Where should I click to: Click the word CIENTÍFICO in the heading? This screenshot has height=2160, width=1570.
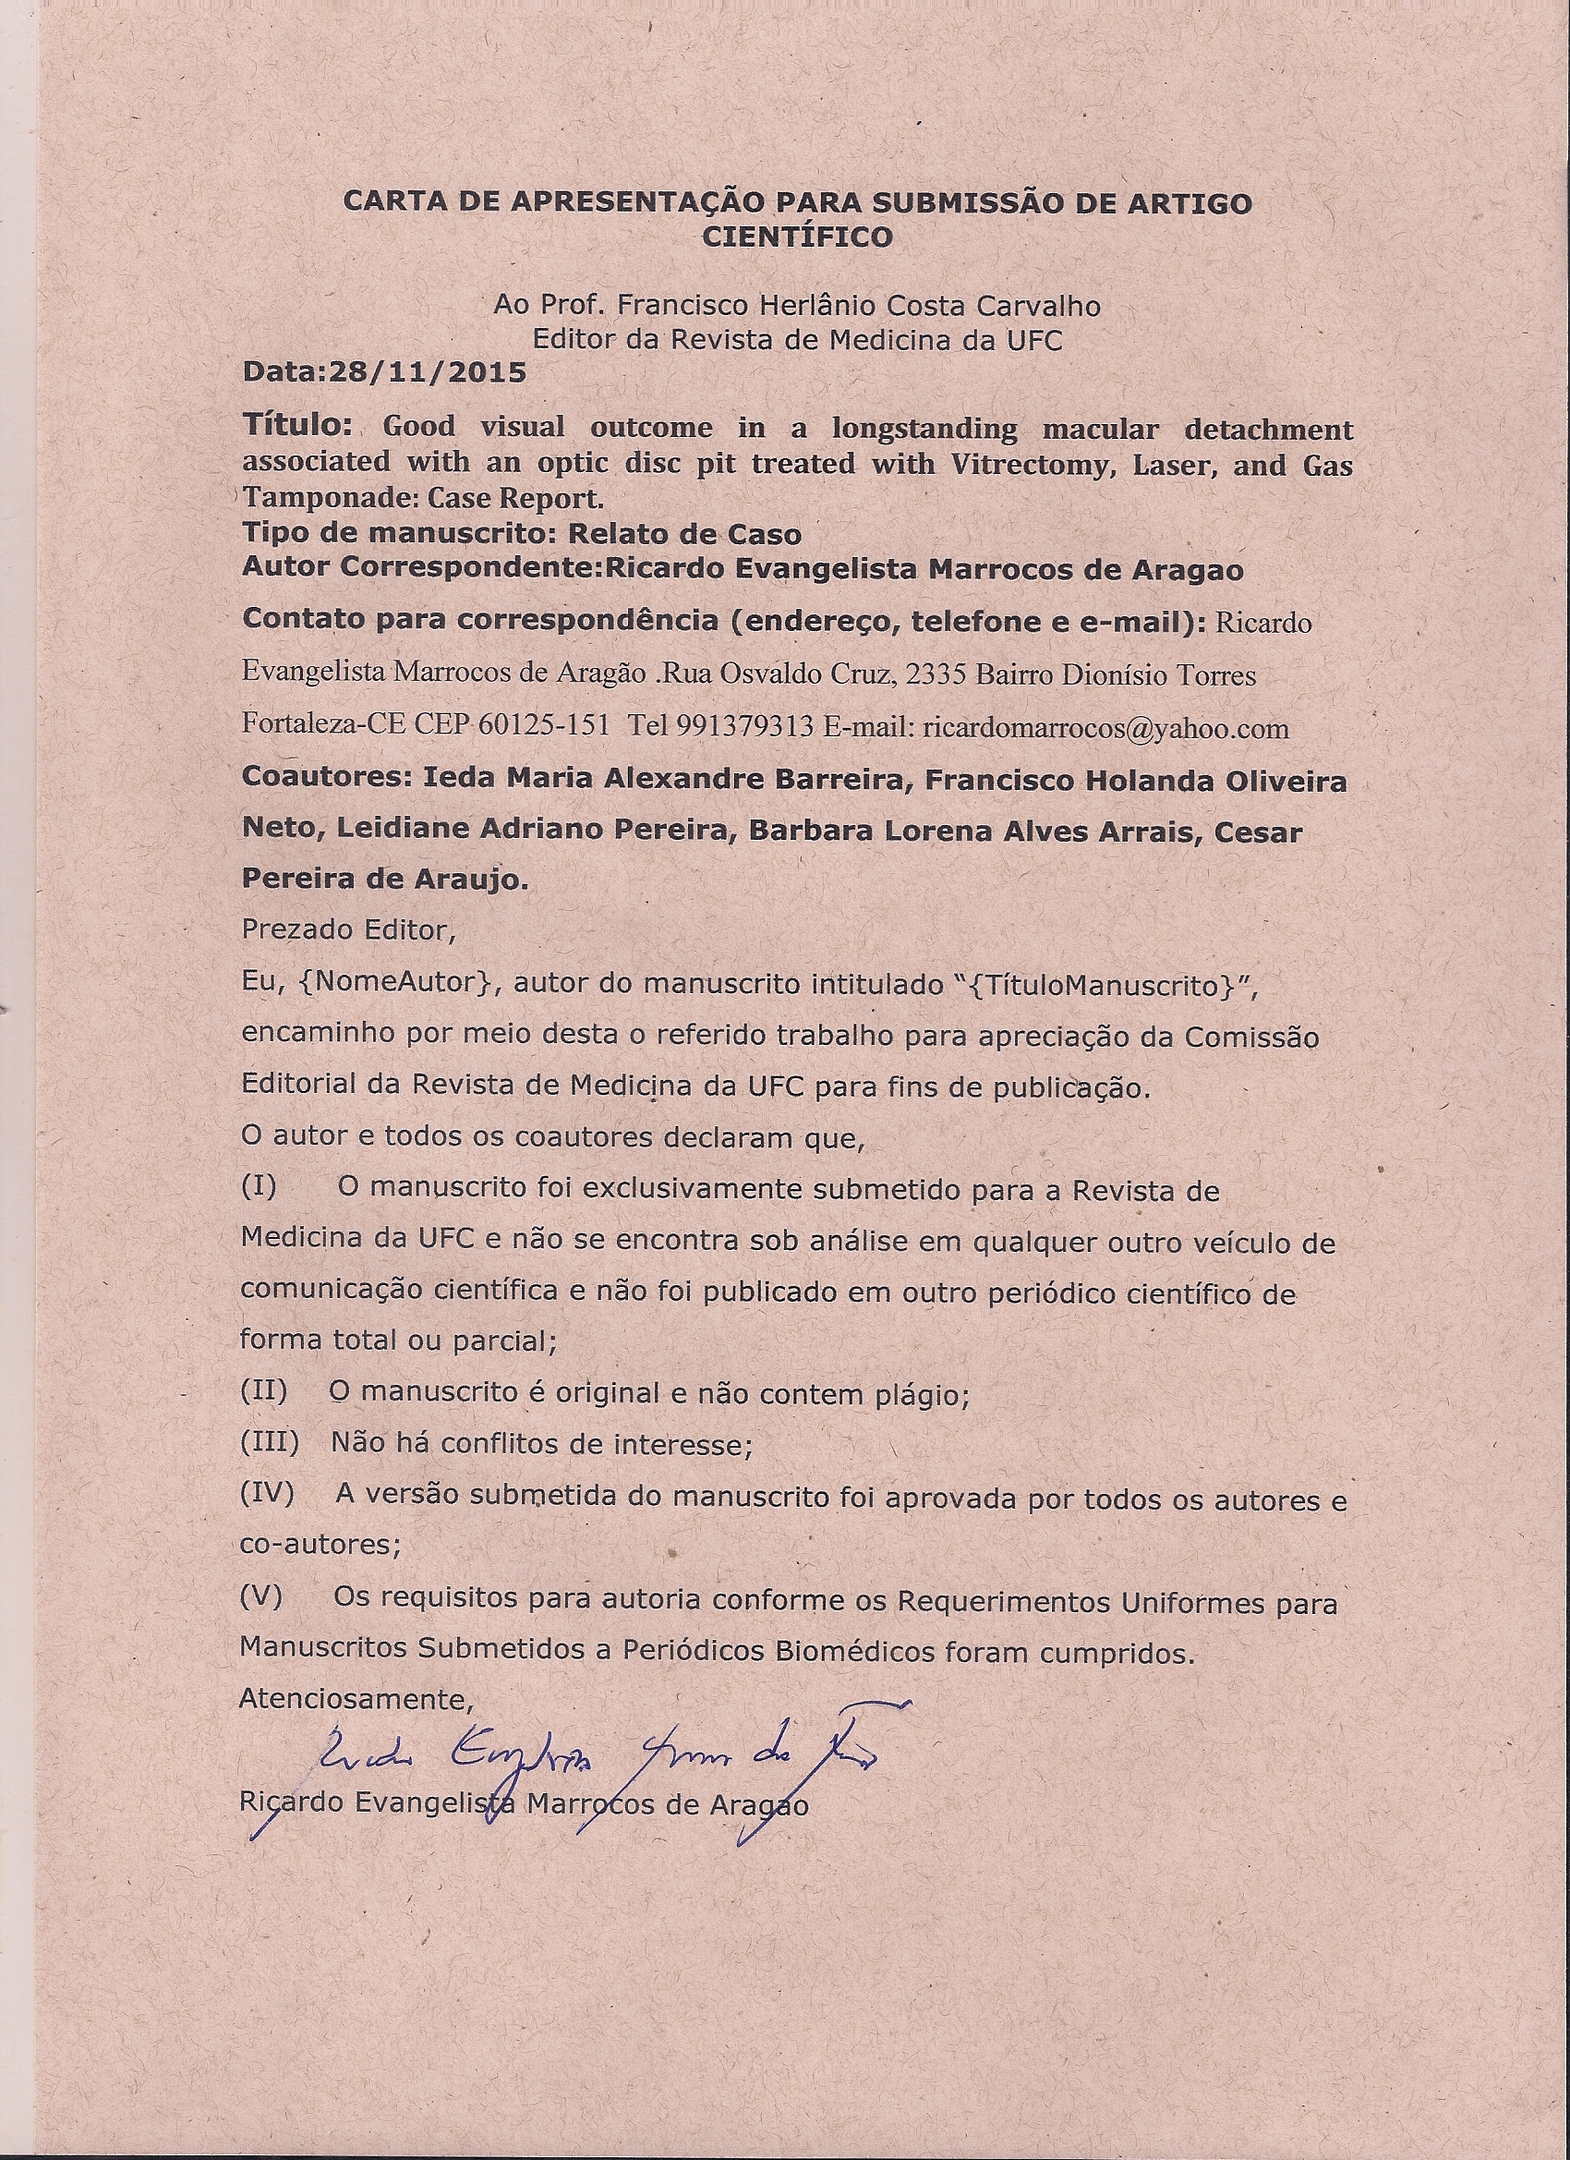[x=797, y=237]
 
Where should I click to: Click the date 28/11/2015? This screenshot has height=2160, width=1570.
[x=428, y=372]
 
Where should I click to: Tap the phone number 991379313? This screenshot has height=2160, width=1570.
[x=744, y=727]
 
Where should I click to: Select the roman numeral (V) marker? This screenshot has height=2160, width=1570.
[x=260, y=1596]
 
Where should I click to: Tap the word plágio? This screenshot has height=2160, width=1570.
[x=922, y=1395]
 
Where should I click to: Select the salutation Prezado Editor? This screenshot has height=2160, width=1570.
[x=348, y=929]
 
